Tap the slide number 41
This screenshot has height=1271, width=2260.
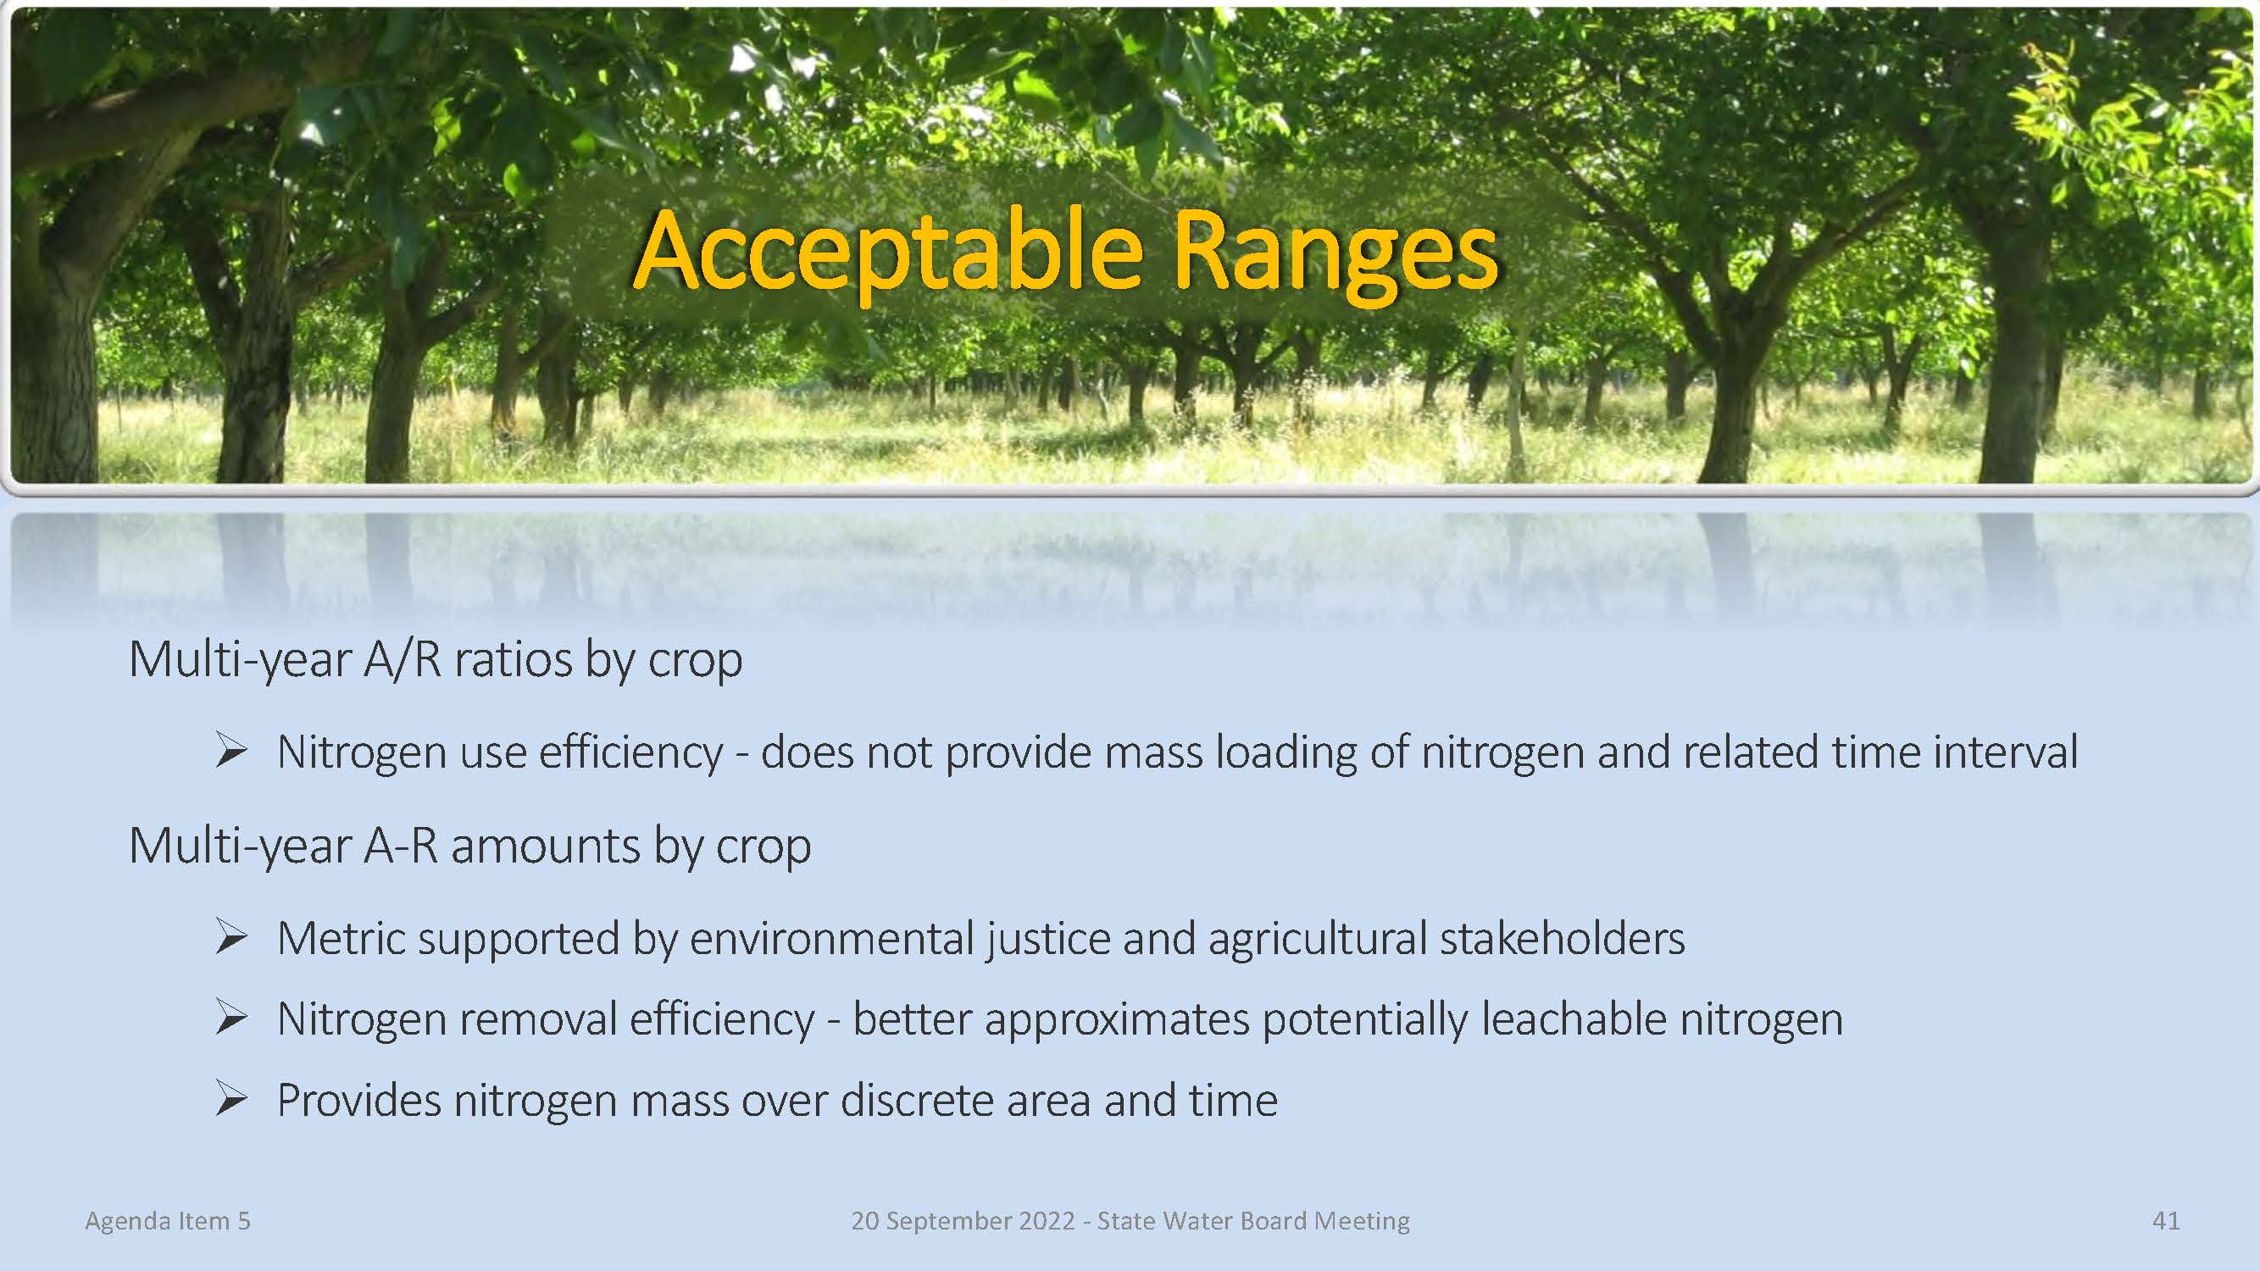coord(2165,1220)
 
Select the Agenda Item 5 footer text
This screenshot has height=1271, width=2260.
coord(168,1220)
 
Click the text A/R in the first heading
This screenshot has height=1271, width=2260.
coord(402,659)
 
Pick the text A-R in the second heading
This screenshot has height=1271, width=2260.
coord(401,846)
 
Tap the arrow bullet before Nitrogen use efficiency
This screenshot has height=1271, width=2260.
coord(231,752)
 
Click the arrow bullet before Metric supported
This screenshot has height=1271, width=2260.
coord(231,938)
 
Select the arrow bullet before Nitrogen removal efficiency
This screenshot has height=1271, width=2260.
coord(231,1018)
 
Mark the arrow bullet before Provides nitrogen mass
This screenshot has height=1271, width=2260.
coord(231,1099)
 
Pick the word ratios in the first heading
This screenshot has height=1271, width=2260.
coord(511,659)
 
